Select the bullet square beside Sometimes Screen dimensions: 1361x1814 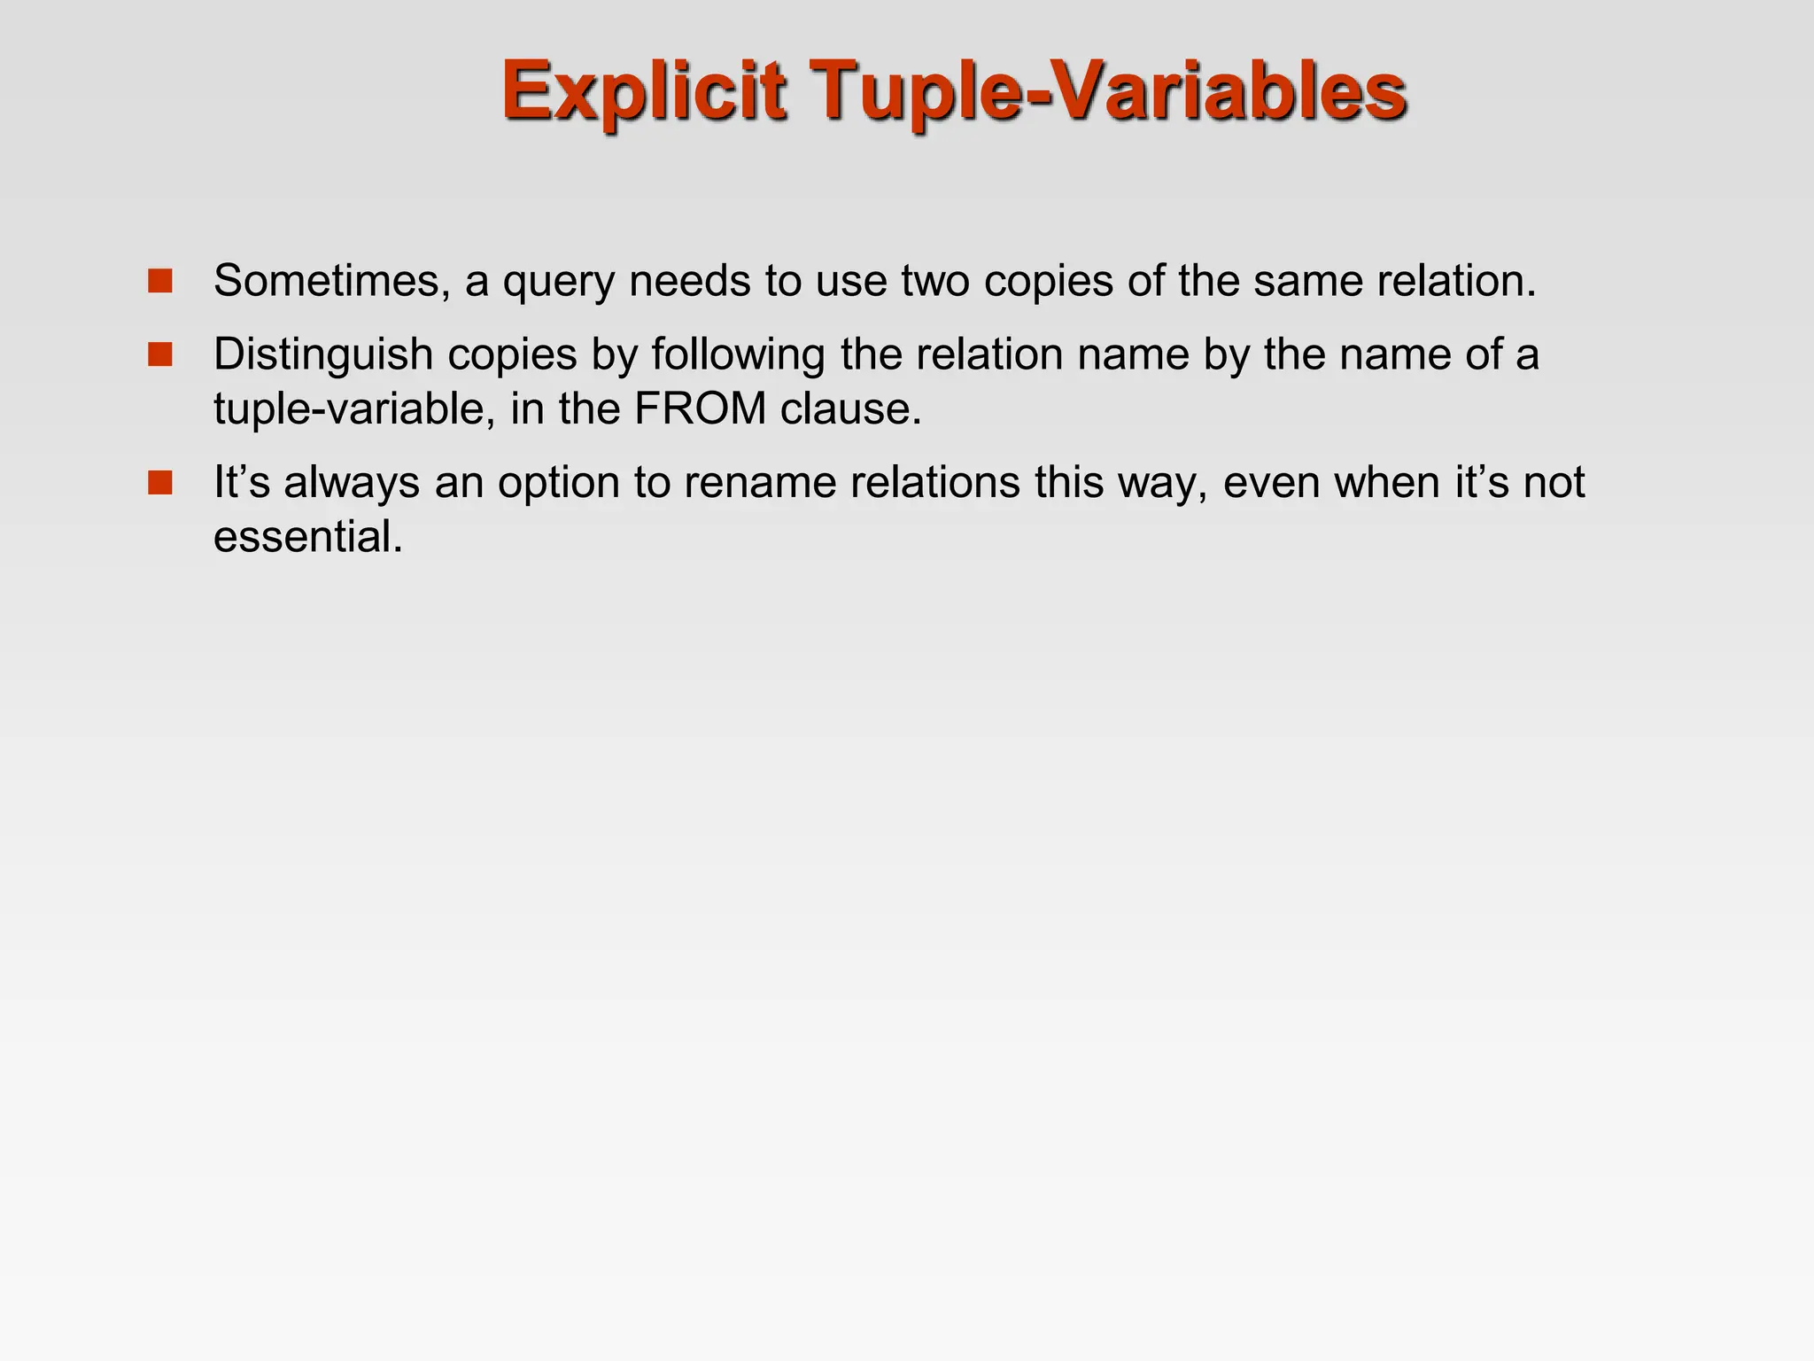[x=160, y=281]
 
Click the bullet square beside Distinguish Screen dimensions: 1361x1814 [x=160, y=354]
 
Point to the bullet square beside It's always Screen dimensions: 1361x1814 [x=160, y=483]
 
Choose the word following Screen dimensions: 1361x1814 [x=738, y=356]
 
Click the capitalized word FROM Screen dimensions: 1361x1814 [x=701, y=409]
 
